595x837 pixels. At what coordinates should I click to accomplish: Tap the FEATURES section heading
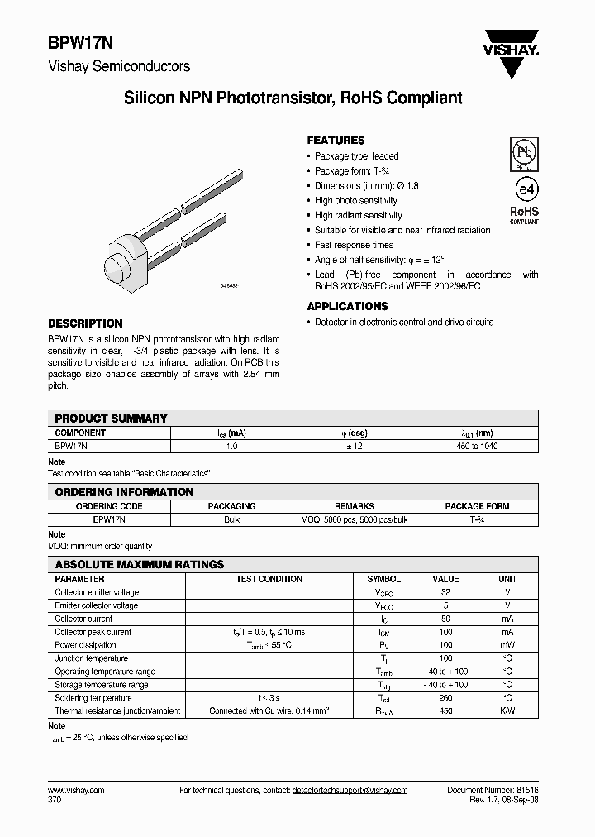(336, 141)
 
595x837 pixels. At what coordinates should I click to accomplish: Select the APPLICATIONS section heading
(347, 306)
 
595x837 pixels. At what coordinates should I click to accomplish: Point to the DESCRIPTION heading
(85, 323)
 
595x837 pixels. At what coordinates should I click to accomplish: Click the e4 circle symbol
(523, 188)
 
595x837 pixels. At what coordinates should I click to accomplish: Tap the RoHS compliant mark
(523, 214)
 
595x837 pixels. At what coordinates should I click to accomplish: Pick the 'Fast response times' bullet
(354, 245)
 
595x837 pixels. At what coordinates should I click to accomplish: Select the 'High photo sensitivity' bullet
(355, 200)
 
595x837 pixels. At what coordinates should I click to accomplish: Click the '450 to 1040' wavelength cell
(477, 446)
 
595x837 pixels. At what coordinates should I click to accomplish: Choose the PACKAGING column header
(231, 506)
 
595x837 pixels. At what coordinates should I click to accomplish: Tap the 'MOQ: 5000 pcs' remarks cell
(354, 519)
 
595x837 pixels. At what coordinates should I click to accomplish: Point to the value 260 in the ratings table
(445, 698)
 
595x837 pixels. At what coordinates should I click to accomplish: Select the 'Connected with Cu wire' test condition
(269, 711)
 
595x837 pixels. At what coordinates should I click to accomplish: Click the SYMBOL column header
(383, 579)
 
